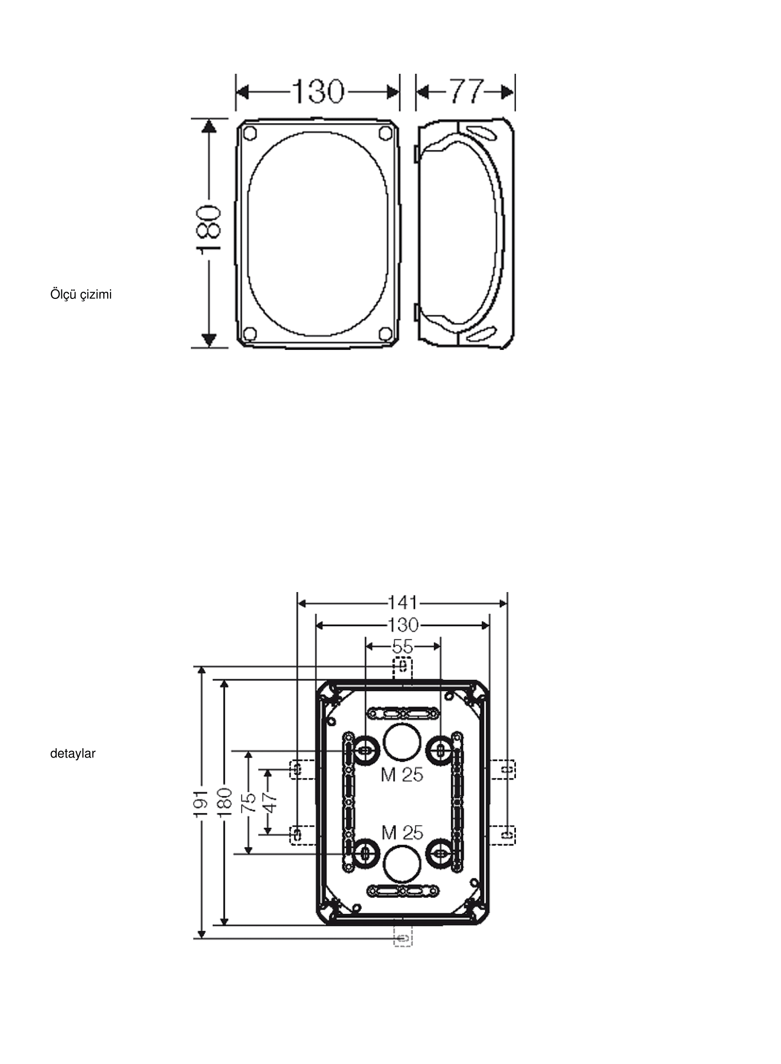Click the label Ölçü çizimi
point(81,295)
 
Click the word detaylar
point(73,754)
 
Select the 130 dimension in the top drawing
point(317,91)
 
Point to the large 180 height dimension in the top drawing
point(208,228)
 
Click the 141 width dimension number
point(403,603)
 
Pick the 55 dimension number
point(403,646)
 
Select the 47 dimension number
point(269,803)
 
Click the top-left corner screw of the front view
point(250,134)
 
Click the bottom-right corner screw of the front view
point(385,333)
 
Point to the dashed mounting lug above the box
point(403,668)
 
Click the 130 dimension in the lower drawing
point(403,626)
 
